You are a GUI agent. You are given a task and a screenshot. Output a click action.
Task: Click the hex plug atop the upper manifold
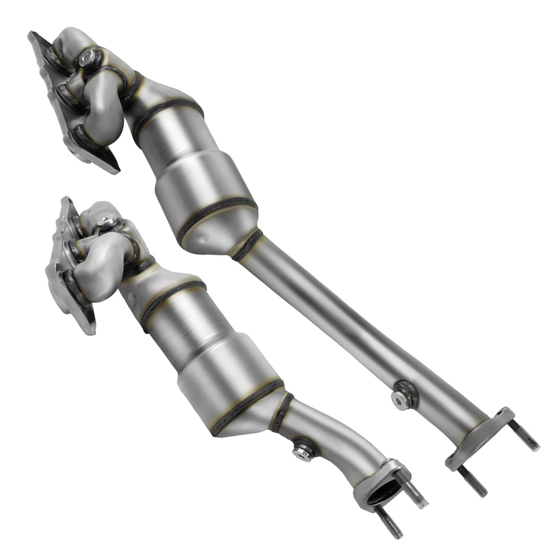88,56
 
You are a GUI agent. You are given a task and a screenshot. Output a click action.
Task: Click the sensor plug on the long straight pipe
401,397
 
